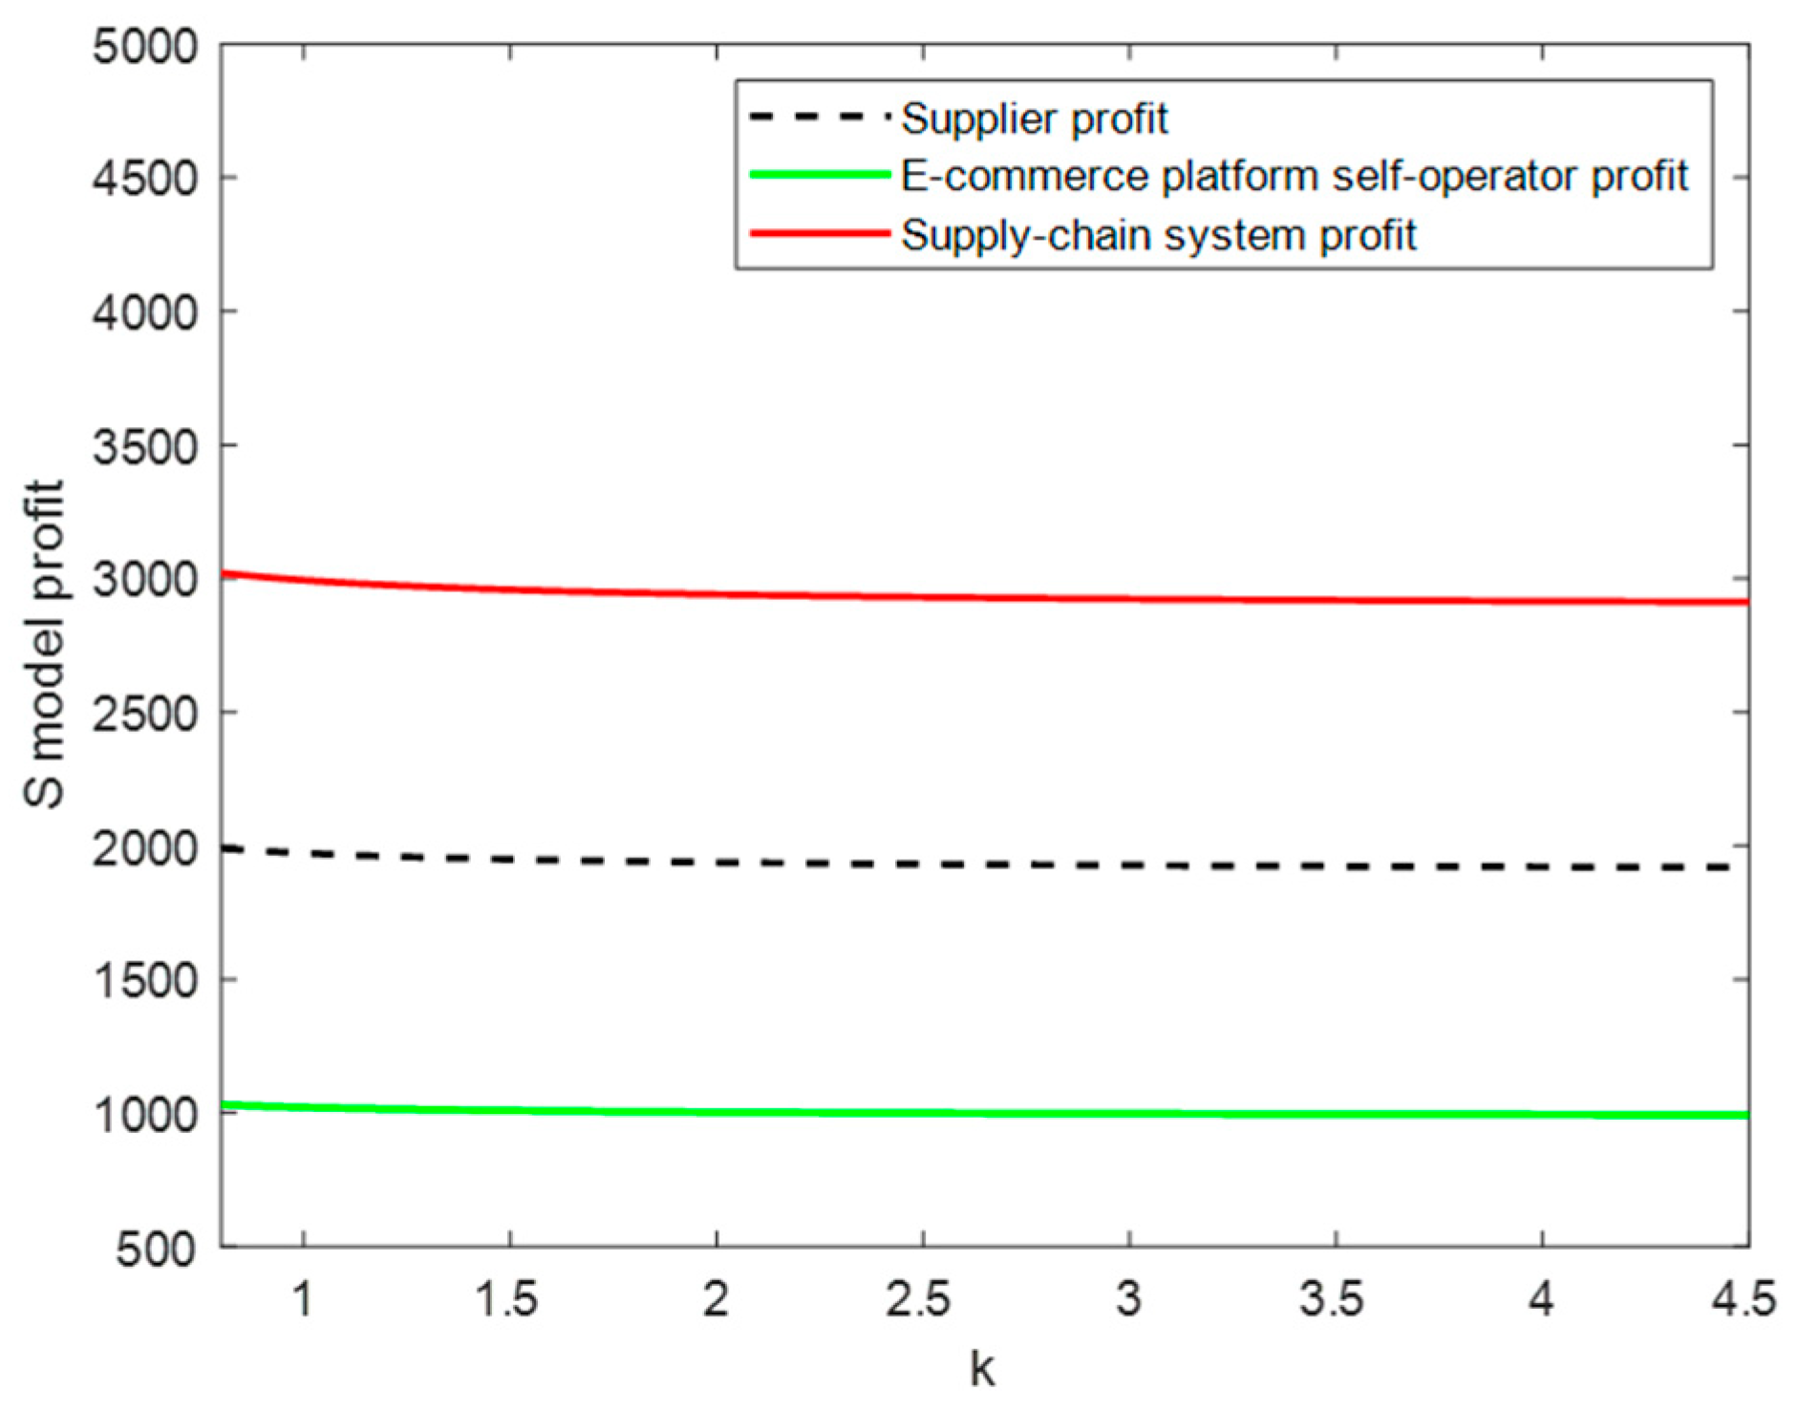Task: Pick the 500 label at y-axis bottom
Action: pos(156,1249)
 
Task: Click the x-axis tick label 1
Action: pos(302,1299)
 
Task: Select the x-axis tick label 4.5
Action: pos(1744,1299)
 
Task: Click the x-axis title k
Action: pos(982,1369)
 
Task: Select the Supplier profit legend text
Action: pos(1034,119)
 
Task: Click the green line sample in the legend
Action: pos(820,175)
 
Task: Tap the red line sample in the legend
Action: pos(820,234)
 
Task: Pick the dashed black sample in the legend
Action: pos(820,118)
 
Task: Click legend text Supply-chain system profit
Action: pos(1158,236)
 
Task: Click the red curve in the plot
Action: pos(955,598)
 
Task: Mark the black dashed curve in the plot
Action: pos(955,865)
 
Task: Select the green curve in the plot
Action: pos(955,1113)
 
